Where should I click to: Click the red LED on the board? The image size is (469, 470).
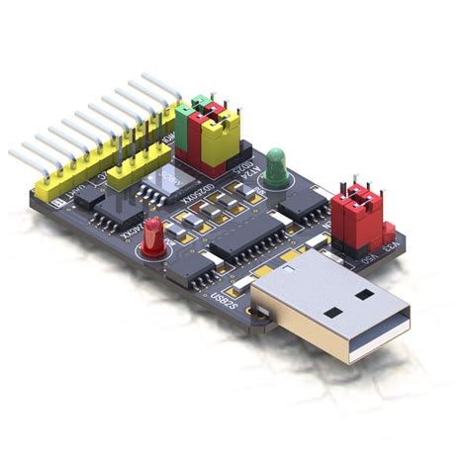[x=152, y=235]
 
